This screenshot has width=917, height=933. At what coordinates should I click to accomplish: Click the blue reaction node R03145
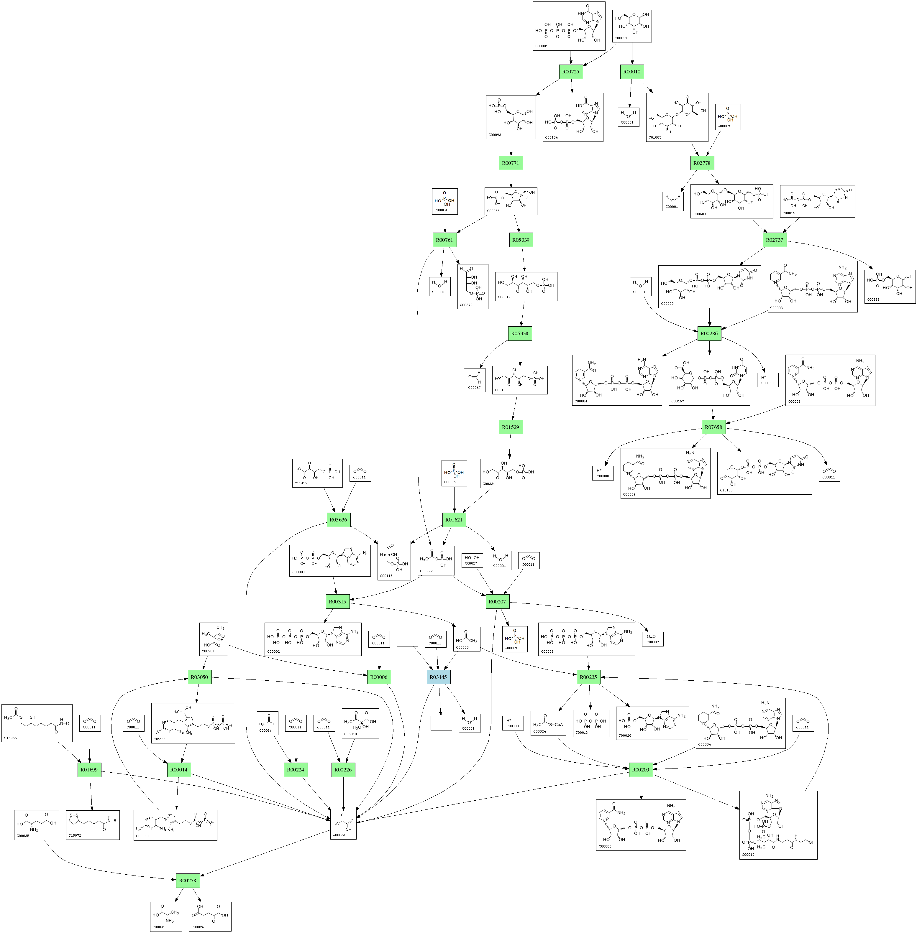click(438, 677)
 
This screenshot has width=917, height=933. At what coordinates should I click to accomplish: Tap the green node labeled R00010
click(632, 72)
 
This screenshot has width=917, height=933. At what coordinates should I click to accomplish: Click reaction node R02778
click(702, 163)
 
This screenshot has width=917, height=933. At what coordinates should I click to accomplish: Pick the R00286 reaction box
click(709, 333)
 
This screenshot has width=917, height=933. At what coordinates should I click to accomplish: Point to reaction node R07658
click(713, 427)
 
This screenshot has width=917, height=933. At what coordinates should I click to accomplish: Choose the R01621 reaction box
click(454, 520)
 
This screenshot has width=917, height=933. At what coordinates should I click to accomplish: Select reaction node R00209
click(641, 770)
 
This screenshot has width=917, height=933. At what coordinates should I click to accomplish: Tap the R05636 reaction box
click(338, 520)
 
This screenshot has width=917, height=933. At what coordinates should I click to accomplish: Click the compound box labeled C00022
click(343, 825)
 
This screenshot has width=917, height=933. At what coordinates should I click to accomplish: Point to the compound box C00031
click(631, 26)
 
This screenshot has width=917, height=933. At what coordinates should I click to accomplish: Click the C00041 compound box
click(166, 916)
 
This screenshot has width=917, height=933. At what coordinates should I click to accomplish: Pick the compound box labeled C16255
click(37, 723)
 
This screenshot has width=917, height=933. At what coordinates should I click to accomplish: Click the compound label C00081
click(541, 46)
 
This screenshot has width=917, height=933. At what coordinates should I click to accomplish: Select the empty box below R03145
click(441, 723)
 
